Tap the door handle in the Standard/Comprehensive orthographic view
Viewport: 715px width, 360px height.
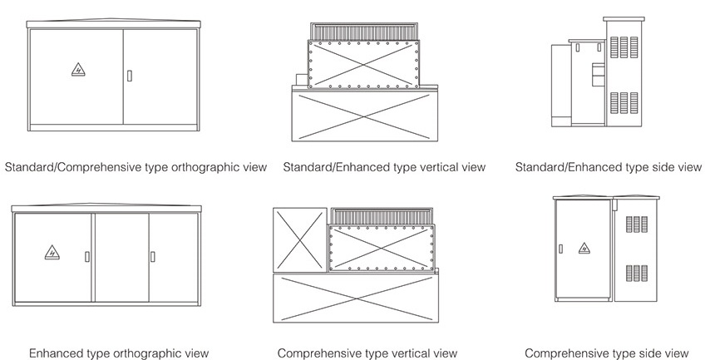(x=129, y=76)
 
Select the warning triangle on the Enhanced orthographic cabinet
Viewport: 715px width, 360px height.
(x=52, y=250)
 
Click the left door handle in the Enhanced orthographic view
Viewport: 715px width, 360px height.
(x=87, y=256)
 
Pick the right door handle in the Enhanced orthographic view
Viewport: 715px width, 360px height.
(x=152, y=256)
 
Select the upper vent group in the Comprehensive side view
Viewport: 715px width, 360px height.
(x=636, y=224)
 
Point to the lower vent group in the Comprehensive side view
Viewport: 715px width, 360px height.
(x=636, y=272)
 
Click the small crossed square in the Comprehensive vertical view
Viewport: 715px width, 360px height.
(x=299, y=237)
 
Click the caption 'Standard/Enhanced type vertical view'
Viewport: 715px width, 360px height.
(x=384, y=167)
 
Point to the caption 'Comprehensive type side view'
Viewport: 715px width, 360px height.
(x=607, y=353)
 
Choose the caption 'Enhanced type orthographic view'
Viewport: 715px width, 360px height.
(x=119, y=353)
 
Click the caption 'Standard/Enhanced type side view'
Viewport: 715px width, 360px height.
(x=609, y=167)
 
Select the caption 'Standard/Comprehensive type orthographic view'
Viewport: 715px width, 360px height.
(x=136, y=167)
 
